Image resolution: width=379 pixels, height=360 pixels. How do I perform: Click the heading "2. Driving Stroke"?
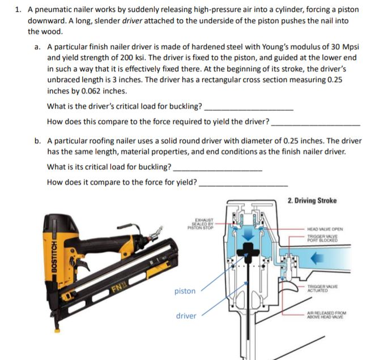[312, 200]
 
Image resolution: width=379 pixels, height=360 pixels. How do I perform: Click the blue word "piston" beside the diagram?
[185, 291]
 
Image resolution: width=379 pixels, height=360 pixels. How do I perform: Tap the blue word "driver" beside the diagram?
[186, 315]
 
